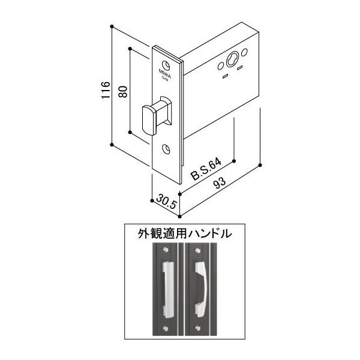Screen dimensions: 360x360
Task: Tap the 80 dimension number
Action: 124,91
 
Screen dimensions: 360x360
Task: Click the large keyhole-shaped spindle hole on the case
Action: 233,61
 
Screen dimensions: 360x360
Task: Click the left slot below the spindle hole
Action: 226,76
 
